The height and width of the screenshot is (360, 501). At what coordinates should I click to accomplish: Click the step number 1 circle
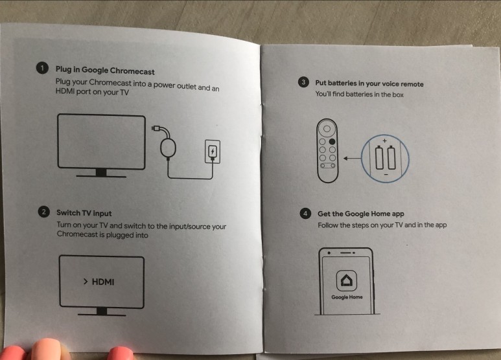point(42,68)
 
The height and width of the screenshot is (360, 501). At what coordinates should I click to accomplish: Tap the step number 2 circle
point(44,212)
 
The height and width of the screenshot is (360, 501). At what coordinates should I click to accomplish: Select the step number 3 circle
point(303,82)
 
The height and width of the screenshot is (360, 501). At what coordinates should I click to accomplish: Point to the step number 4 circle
point(305,213)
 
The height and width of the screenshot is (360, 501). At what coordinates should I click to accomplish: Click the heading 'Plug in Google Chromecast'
point(105,71)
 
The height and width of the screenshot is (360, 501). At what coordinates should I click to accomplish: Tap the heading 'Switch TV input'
point(84,213)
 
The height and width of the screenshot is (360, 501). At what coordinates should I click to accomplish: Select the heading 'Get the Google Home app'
point(361,214)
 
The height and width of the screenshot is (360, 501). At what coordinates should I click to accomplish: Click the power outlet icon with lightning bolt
point(213,152)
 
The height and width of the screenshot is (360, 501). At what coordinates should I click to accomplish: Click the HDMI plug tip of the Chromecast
point(156,128)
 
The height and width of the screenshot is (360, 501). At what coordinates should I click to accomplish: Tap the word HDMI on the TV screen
point(103,282)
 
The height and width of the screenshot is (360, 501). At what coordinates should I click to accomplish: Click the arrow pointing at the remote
point(352,158)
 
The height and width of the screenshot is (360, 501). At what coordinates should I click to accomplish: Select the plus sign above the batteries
point(385,141)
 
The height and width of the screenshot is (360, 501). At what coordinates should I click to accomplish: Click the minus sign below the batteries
point(386,174)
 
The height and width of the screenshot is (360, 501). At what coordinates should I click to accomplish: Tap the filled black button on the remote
point(332,141)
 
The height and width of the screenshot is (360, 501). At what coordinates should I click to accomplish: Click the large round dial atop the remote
point(327,129)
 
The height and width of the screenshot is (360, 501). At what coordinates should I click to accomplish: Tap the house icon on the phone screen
point(347,280)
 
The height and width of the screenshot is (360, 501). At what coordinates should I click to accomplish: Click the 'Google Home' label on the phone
point(347,297)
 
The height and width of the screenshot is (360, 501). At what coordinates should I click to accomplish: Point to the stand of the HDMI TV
point(102,312)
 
